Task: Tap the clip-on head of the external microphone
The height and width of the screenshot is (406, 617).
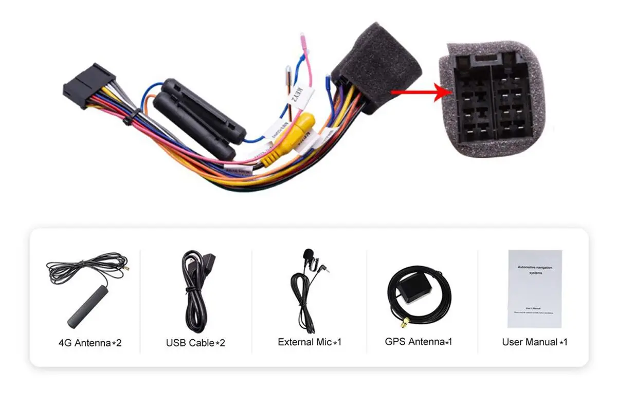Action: coord(308,254)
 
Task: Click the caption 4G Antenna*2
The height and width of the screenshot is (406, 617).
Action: coord(90,343)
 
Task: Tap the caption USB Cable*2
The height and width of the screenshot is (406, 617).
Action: coord(195,343)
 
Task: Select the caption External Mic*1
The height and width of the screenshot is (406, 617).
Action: coord(310,342)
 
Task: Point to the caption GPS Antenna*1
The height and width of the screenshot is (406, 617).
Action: coord(419,341)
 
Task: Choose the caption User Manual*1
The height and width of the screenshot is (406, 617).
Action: coord(534,342)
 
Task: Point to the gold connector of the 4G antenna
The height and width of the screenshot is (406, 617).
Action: coord(124,268)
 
